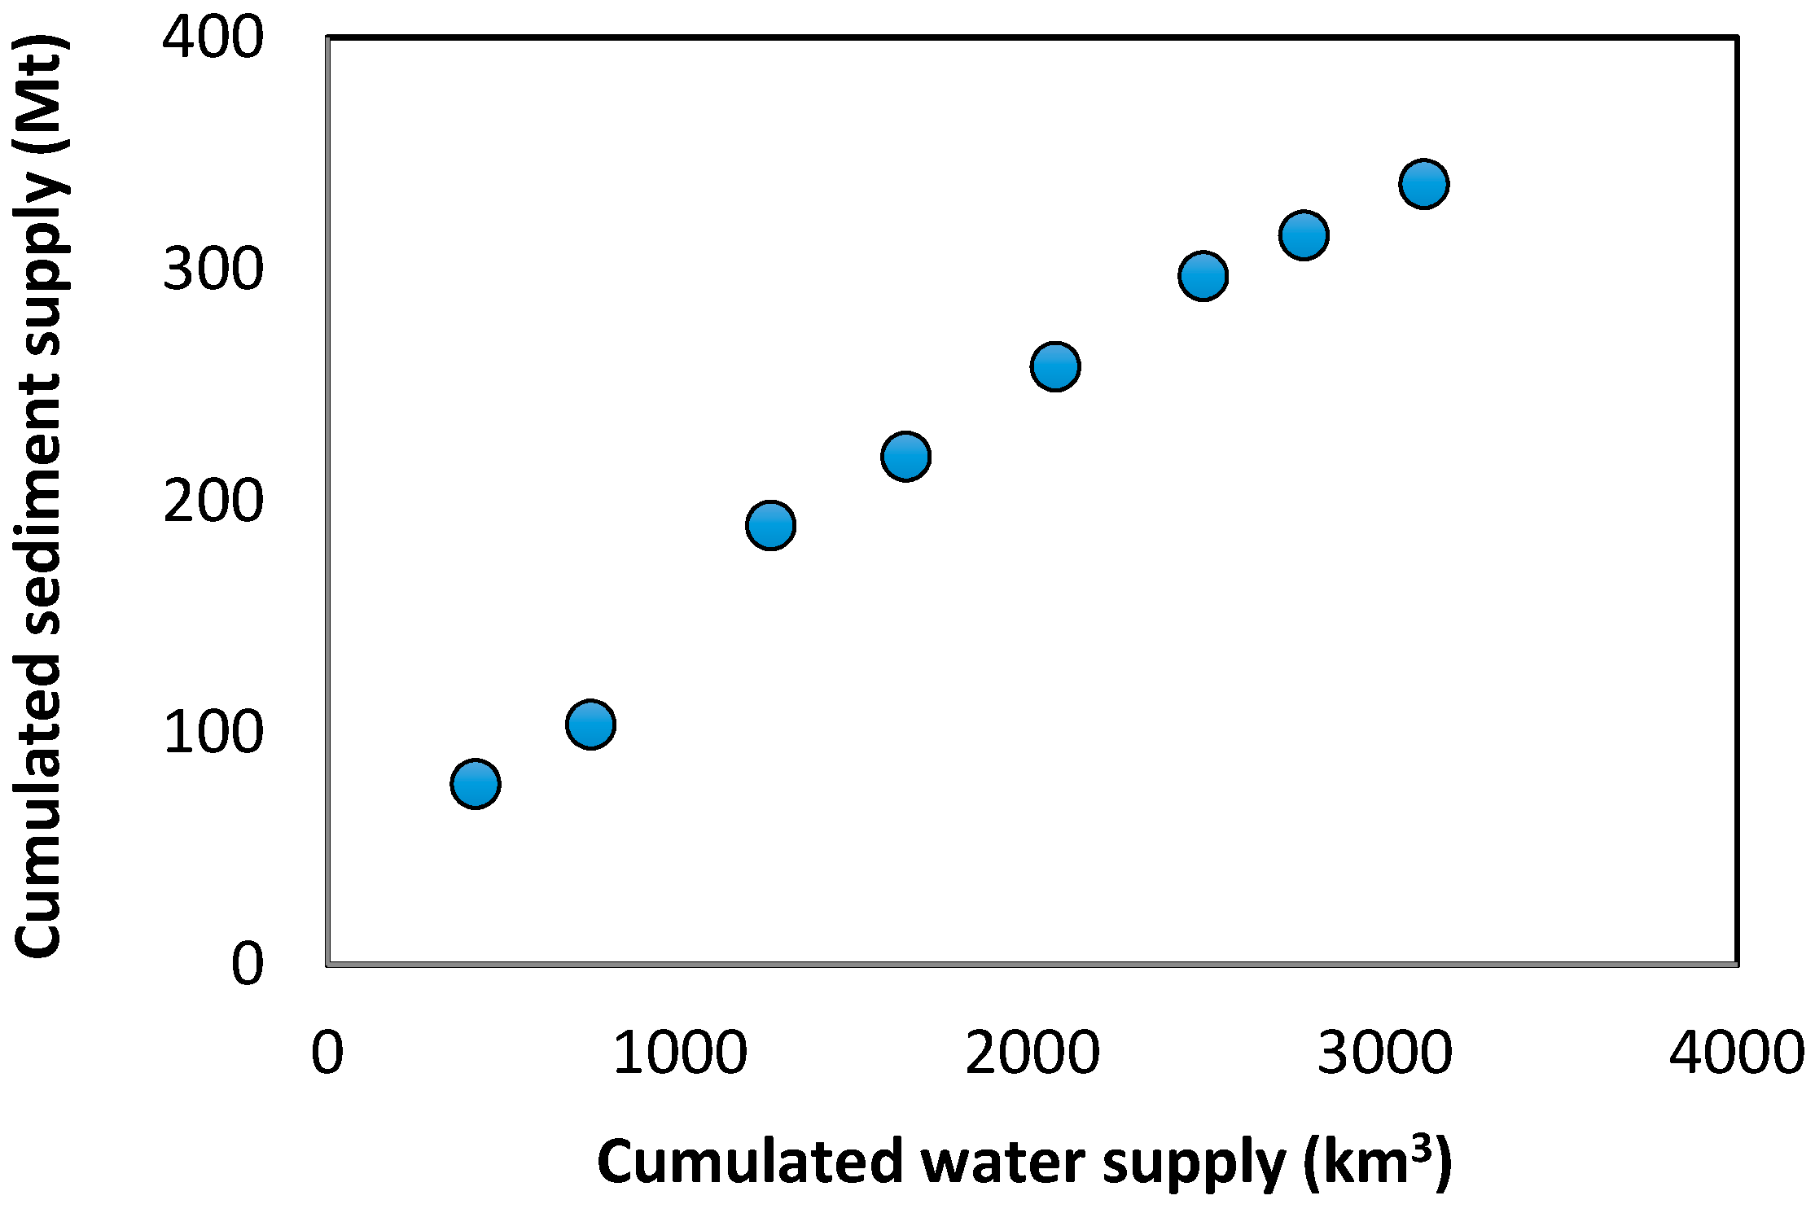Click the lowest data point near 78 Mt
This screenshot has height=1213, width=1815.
coord(475,783)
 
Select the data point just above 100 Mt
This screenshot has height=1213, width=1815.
coord(590,724)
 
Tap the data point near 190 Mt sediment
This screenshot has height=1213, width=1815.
coord(770,524)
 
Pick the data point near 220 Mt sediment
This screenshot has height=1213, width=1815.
coord(905,456)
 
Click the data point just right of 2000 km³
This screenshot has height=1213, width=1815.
coord(1055,366)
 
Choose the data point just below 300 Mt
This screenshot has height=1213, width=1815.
coord(1203,275)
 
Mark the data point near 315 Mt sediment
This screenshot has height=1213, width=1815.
coord(1304,235)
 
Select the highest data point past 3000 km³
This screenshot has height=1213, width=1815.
coord(1423,183)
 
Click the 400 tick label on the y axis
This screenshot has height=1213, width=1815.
coord(213,37)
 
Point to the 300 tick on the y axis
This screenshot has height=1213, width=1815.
coord(213,269)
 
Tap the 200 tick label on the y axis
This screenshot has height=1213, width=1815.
coord(213,501)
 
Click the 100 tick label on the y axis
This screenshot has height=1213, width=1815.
coord(213,732)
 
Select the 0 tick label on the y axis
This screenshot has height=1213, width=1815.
coord(248,964)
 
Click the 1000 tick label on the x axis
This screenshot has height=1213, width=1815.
coord(679,1053)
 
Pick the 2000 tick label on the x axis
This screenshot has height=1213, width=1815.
coord(1032,1053)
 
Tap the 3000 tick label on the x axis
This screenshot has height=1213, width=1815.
coord(1384,1053)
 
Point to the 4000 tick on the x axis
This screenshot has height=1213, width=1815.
coord(1736,1053)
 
